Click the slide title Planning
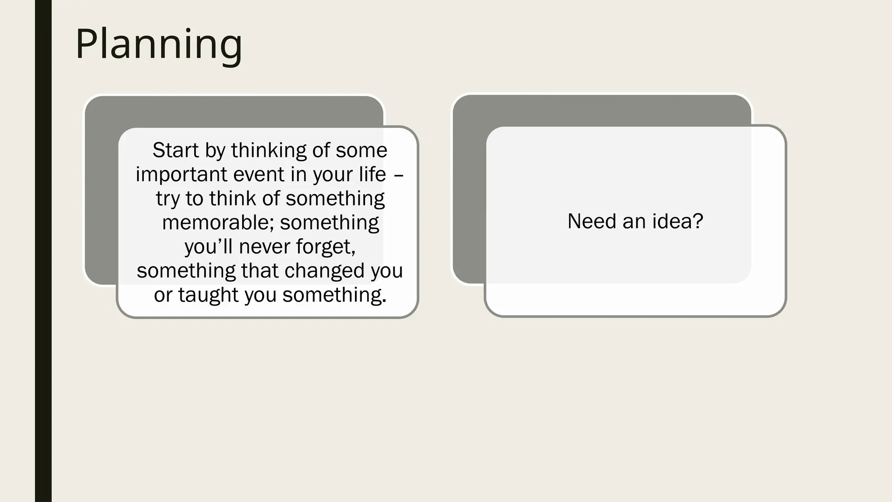tap(159, 44)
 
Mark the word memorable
tap(217, 223)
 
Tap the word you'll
tap(209, 247)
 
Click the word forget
tap(325, 247)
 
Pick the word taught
tap(208, 295)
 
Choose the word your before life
tap(333, 175)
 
